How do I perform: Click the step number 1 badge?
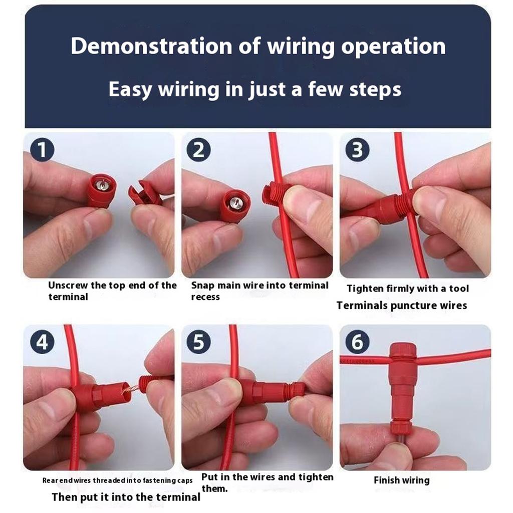coord(43,150)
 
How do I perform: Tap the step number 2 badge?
coord(199,150)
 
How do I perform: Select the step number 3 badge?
coord(357,150)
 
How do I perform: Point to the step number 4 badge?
coord(43,342)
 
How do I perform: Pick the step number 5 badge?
coord(199,342)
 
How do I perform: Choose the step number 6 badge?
coord(357,342)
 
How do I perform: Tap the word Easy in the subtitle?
coord(130,90)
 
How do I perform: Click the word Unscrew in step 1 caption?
coord(67,286)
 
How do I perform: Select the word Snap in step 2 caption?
coord(202,286)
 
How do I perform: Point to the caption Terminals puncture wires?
coord(401,305)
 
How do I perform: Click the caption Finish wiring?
coord(401,480)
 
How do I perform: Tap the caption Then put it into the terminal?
coord(126,497)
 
